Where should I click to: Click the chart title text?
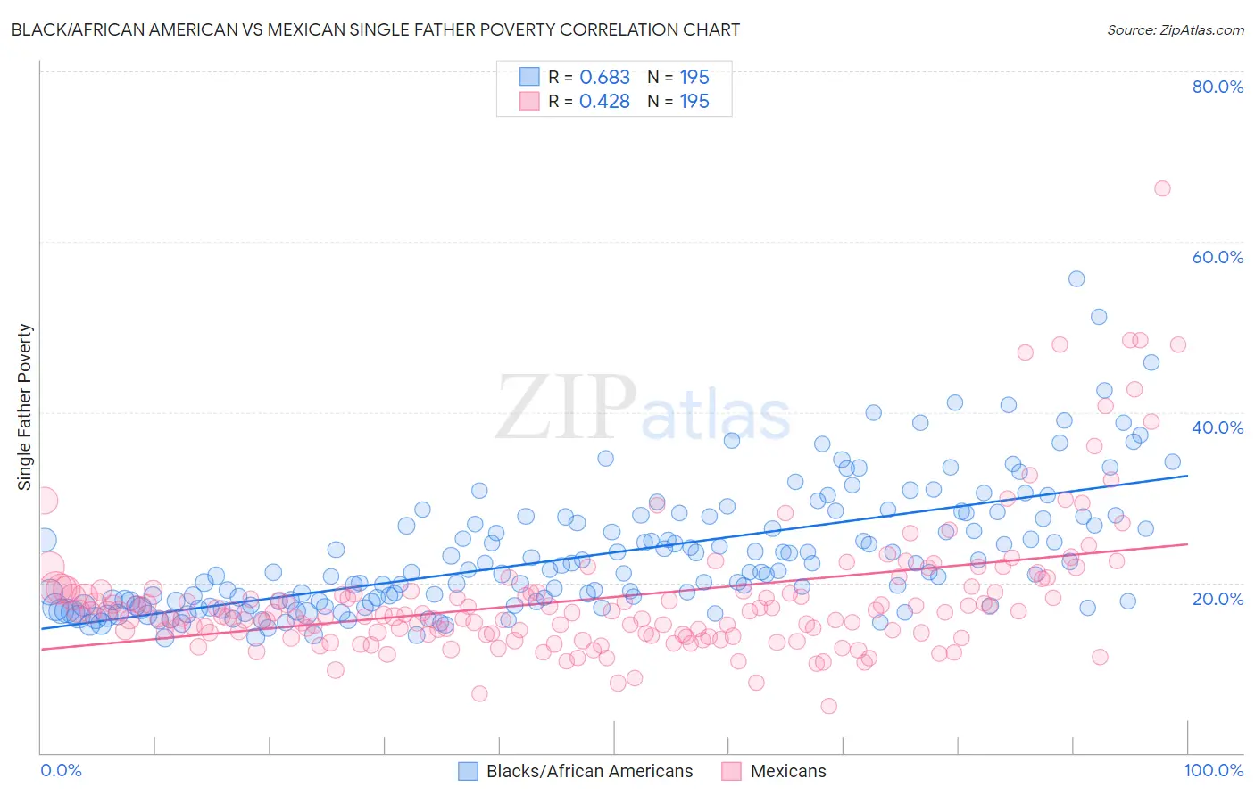(x=375, y=29)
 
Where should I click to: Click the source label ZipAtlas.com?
(x=1175, y=29)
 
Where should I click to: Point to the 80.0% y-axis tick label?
(x=1218, y=87)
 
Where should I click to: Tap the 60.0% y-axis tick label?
(x=1218, y=257)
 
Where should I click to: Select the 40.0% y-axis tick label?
(x=1218, y=427)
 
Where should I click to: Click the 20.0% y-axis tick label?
(x=1218, y=598)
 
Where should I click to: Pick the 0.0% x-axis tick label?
(x=61, y=770)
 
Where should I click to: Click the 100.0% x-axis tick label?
(x=1213, y=770)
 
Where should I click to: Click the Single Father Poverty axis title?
(x=25, y=407)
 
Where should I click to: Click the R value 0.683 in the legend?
(x=604, y=78)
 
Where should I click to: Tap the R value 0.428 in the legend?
(x=604, y=102)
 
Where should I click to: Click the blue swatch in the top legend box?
(x=530, y=77)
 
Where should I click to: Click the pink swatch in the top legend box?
(x=530, y=101)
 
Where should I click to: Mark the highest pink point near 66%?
(x=1162, y=188)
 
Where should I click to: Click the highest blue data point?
(x=1076, y=279)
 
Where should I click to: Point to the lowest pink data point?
(x=828, y=706)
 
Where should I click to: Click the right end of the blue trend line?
(x=1187, y=476)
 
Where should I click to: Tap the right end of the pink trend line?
(x=1187, y=543)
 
